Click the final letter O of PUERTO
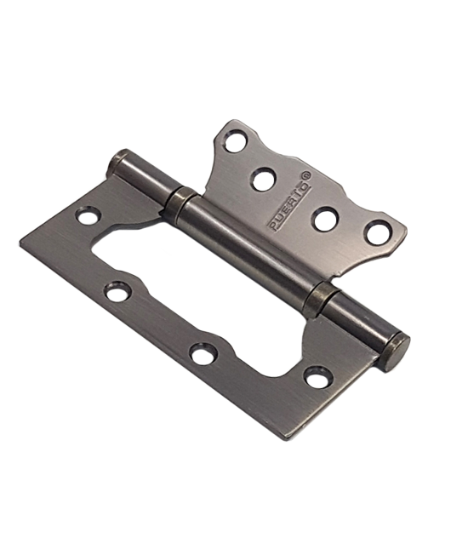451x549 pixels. (x=307, y=186)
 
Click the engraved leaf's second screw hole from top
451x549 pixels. (x=264, y=176)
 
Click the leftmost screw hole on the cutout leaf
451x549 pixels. (x=87, y=215)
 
